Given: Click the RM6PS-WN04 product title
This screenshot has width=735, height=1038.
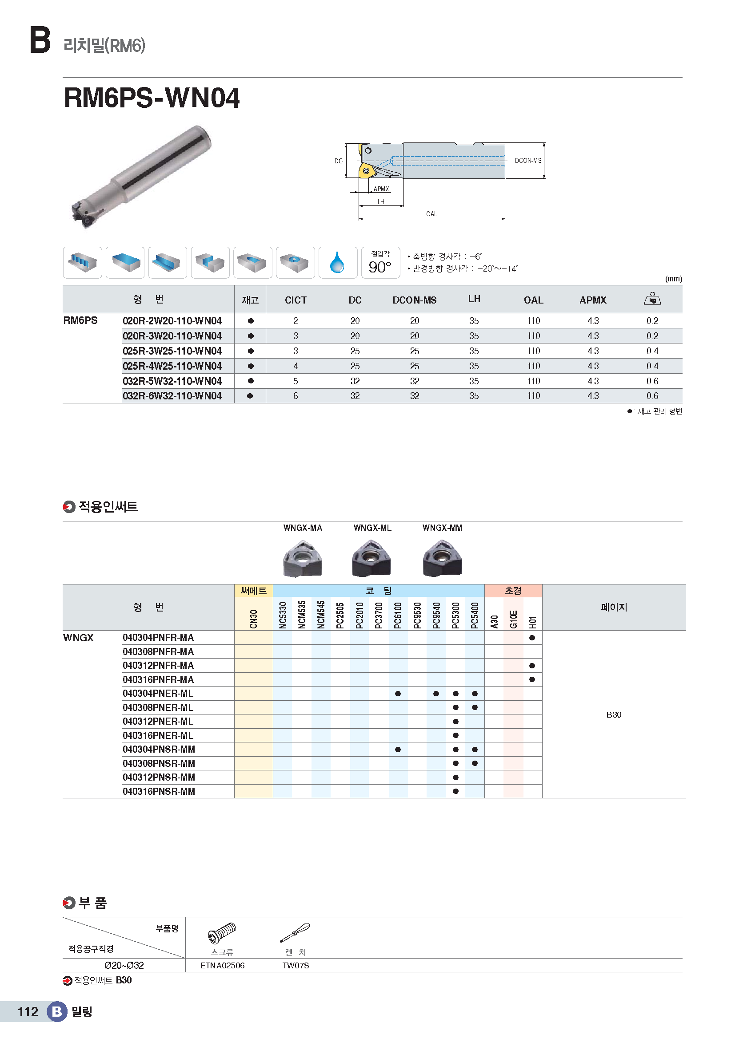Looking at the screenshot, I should (x=152, y=98).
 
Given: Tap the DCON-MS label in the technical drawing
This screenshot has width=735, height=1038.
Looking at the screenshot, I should (x=528, y=161).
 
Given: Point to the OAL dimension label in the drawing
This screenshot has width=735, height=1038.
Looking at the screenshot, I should (x=431, y=214).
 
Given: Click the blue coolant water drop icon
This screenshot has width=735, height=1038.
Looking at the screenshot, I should (x=337, y=263).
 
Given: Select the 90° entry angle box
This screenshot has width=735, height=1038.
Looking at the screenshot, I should (x=380, y=263).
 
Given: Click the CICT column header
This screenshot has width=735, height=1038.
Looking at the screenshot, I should (x=296, y=300).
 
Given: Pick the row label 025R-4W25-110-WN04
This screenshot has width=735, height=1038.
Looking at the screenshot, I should (x=172, y=366).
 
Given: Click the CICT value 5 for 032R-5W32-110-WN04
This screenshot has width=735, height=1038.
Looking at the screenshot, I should (x=296, y=381).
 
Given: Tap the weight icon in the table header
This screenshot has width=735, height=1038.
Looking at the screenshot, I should (x=652, y=299).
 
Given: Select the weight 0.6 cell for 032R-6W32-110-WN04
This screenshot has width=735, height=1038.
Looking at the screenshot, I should (x=652, y=396).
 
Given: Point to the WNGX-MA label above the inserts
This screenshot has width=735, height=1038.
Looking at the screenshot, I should (x=303, y=528).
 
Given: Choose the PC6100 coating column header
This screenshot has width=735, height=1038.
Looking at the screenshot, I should (x=398, y=615).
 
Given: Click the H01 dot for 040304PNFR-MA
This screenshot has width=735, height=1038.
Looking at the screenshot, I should (x=532, y=638).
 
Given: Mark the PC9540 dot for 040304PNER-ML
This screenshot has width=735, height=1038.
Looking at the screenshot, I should (x=436, y=694).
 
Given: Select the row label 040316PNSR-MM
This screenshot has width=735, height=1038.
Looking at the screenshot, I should (x=159, y=791).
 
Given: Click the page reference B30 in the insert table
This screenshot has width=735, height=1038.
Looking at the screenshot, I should (x=614, y=715).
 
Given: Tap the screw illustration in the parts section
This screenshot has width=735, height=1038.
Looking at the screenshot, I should (x=222, y=933).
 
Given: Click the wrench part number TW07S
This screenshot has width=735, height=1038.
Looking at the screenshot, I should (x=296, y=966).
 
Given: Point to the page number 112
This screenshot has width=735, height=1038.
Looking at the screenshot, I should (x=28, y=1012).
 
